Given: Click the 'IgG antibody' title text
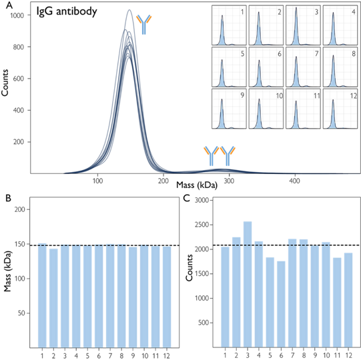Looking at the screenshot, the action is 67,11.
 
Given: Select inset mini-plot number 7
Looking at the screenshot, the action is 303,67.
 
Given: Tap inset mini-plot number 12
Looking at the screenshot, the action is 340,109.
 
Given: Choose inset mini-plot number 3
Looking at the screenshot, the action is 303,25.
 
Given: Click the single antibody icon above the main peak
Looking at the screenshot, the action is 144,25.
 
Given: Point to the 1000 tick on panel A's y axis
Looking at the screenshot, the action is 17,15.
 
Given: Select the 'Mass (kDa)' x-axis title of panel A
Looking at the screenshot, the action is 197,185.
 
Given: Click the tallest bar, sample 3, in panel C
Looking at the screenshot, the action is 248,284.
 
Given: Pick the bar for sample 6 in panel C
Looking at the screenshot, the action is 281,304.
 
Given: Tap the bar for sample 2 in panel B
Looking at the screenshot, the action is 53,298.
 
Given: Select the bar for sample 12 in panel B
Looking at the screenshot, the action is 167,297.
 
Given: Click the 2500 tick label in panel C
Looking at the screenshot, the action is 202,225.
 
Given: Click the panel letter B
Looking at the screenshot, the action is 8,198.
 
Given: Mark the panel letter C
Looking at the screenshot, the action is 186,198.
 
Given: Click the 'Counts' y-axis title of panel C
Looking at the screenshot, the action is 190,267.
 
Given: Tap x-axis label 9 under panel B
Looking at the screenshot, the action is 133,355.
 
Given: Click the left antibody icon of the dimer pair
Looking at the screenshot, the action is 211,156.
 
